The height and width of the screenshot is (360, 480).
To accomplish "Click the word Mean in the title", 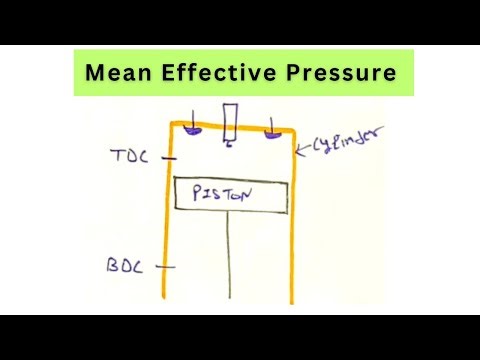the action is point(117,73).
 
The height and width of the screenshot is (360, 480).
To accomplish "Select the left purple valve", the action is point(191,132).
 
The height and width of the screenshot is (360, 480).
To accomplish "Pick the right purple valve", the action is point(271,130).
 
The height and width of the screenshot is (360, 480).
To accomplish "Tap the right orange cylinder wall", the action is point(294,220).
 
